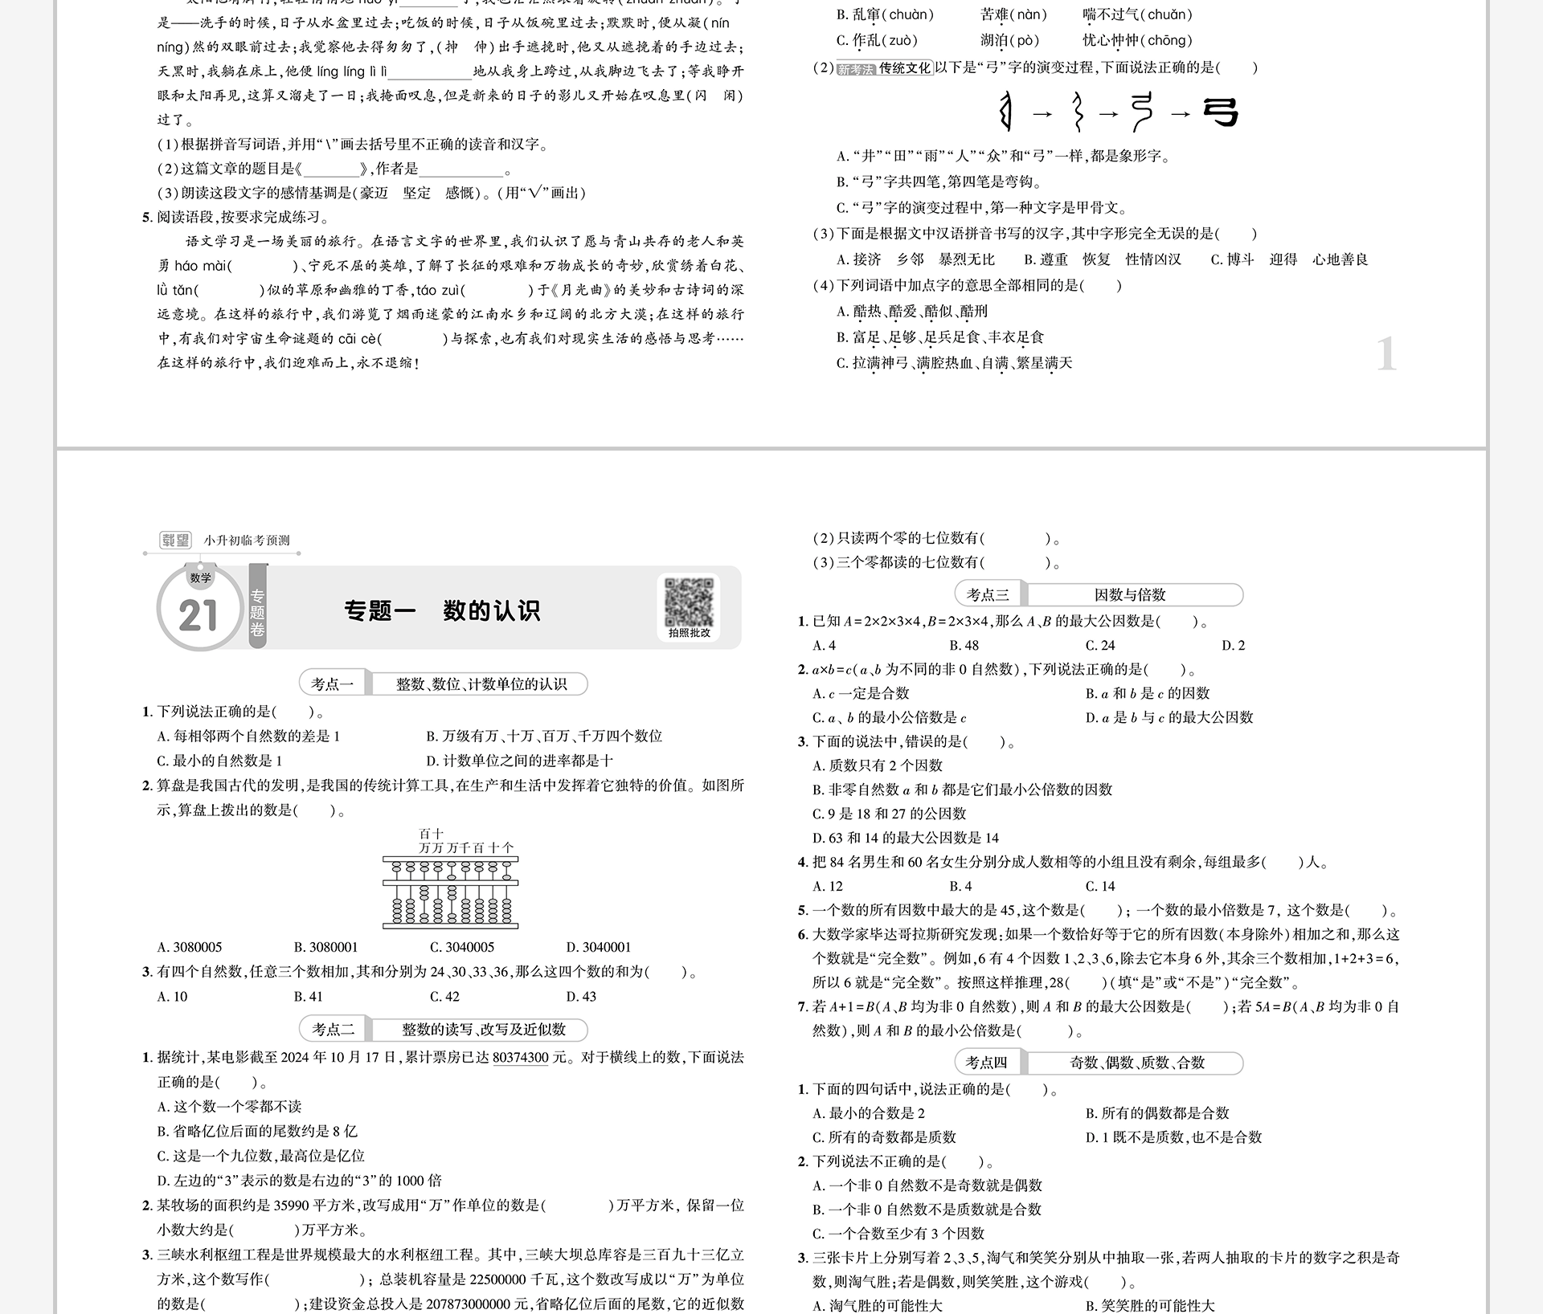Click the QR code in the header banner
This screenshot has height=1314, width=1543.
click(x=689, y=602)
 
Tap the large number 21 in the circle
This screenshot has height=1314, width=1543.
click(x=199, y=616)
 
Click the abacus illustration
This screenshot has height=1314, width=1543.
click(x=450, y=892)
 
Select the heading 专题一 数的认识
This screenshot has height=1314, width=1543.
click(x=442, y=611)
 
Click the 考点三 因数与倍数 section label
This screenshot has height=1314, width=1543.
click(x=1099, y=595)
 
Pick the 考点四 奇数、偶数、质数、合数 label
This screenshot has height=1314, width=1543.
click(x=1099, y=1063)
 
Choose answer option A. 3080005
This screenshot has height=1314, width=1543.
click(x=190, y=947)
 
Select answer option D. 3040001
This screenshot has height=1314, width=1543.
click(x=599, y=947)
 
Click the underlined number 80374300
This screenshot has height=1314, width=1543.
click(x=521, y=1058)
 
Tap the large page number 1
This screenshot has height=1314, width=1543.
click(x=1386, y=354)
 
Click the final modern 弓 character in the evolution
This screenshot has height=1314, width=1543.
click(x=1221, y=112)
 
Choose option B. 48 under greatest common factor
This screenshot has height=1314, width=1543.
click(x=964, y=646)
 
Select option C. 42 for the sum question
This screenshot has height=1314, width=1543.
click(x=445, y=997)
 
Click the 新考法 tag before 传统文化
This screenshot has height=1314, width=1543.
click(x=855, y=69)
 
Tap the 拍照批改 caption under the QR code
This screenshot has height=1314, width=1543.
click(x=689, y=633)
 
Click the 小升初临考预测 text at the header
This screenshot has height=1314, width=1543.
click(x=247, y=541)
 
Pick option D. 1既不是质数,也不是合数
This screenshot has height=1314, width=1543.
click(x=1173, y=1137)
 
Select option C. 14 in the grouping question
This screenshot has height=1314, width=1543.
click(x=1100, y=887)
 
